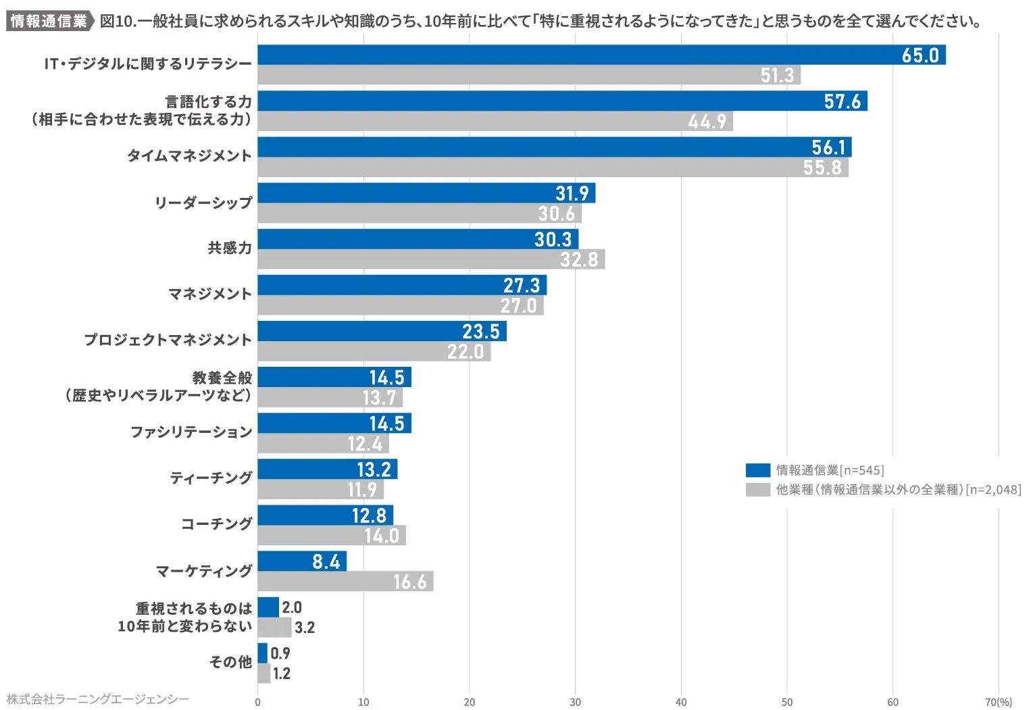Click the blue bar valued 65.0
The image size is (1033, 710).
pyautogui.click(x=601, y=55)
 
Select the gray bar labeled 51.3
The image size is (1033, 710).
pyautogui.click(x=529, y=75)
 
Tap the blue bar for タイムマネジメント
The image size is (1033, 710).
pyautogui.click(x=554, y=147)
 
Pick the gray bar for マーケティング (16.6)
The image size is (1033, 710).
pyautogui.click(x=345, y=582)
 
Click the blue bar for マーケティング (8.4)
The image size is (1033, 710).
pyautogui.click(x=302, y=561)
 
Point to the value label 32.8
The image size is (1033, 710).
pyautogui.click(x=579, y=259)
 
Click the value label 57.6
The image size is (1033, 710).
pyautogui.click(x=842, y=101)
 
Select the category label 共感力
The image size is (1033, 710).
pyautogui.click(x=230, y=249)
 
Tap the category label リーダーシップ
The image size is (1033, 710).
pyautogui.click(x=203, y=203)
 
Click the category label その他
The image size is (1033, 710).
pyautogui.click(x=230, y=662)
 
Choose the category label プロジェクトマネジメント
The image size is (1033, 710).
pyautogui.click(x=168, y=340)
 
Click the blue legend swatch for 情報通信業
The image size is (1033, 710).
pyautogui.click(x=757, y=470)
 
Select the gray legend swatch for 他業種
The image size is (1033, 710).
pyautogui.click(x=757, y=490)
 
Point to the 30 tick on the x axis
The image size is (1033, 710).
pyautogui.click(x=575, y=702)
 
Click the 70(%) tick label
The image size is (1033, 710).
pyautogui.click(x=998, y=702)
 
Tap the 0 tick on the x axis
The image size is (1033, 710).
pyautogui.click(x=257, y=702)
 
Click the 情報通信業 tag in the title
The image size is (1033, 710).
pyautogui.click(x=49, y=21)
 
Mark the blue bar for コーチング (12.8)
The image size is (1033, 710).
pyautogui.click(x=325, y=515)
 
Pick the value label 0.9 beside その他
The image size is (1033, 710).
pyautogui.click(x=280, y=653)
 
